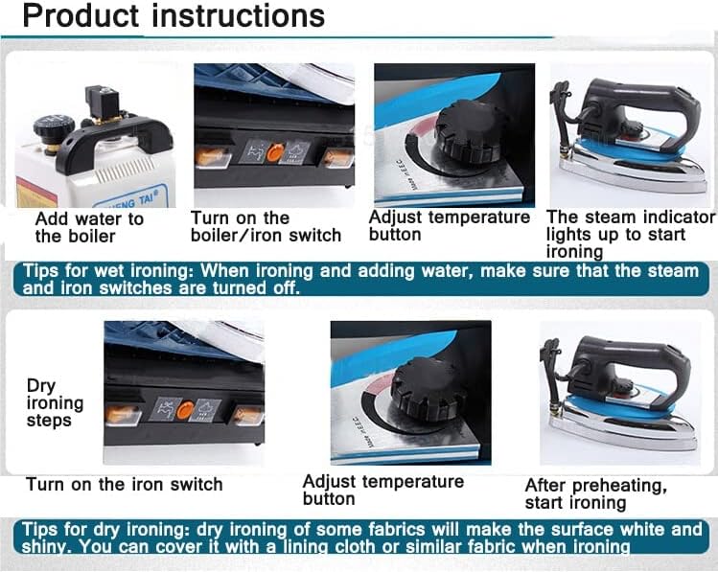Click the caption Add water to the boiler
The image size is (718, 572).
tap(88, 227)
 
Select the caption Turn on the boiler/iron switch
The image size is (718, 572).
tap(266, 227)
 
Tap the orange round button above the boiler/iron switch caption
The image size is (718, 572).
tap(274, 152)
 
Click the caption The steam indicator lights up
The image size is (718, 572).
tap(630, 226)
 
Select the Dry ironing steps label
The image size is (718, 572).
tap(55, 402)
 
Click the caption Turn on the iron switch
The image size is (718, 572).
tap(124, 484)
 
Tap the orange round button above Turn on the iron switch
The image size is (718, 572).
tap(185, 410)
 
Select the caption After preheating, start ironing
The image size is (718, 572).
tap(595, 494)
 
